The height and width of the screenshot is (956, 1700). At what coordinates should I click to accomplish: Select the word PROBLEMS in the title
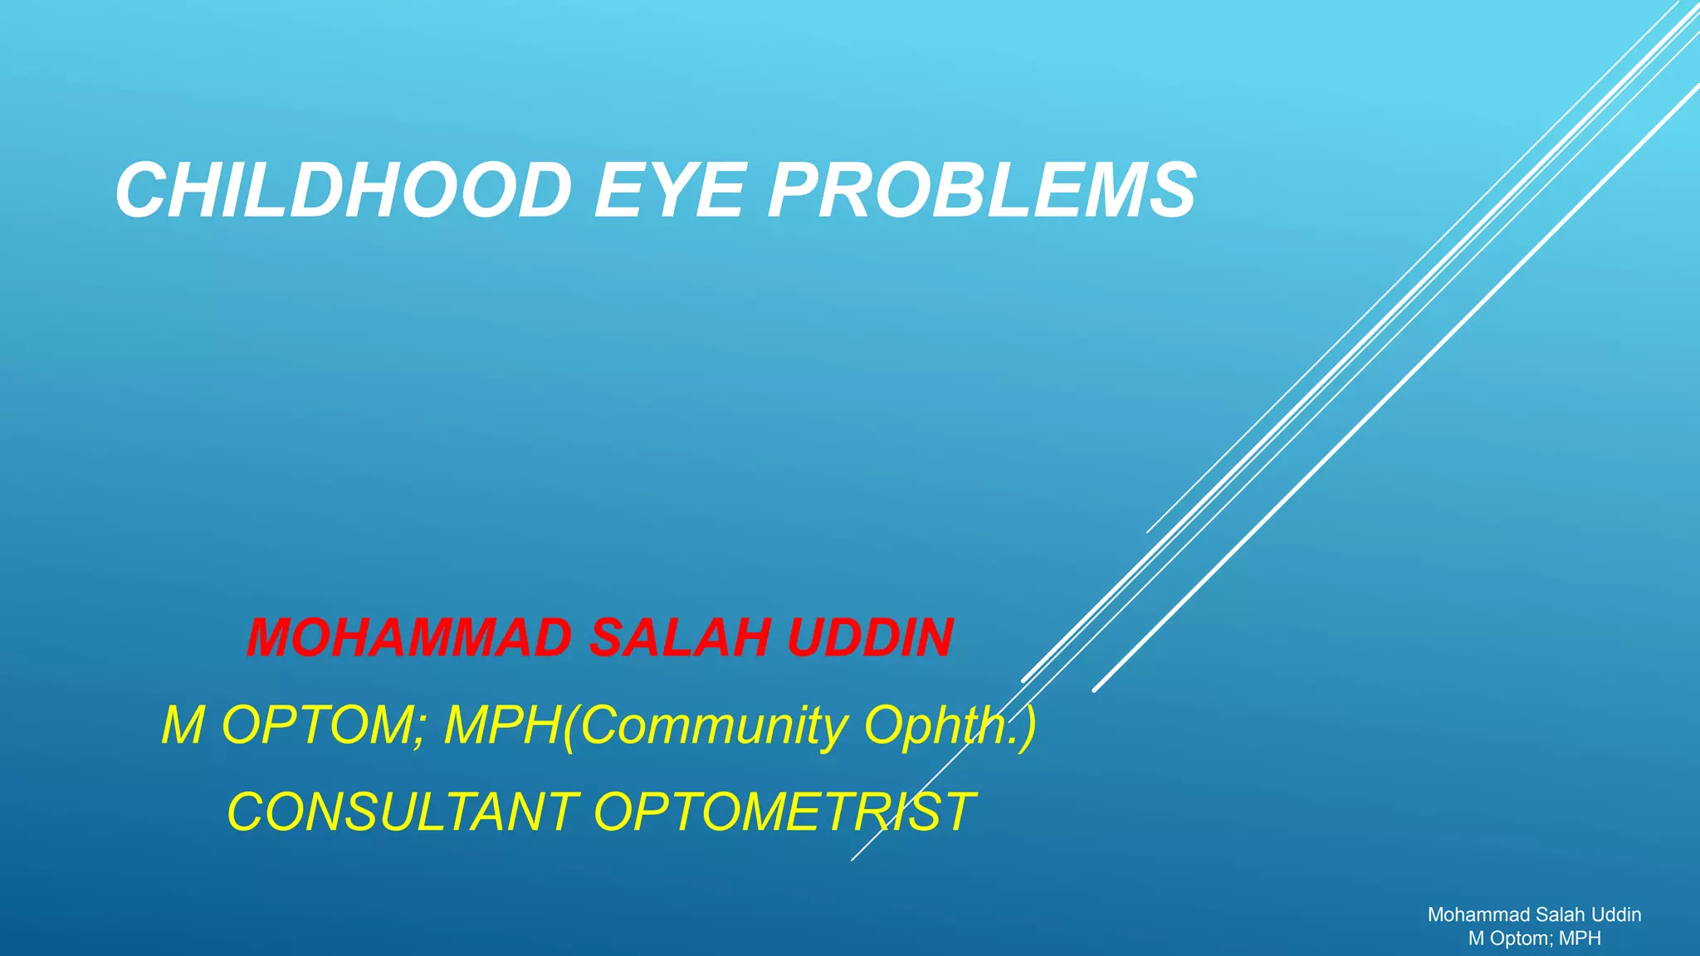coord(982,191)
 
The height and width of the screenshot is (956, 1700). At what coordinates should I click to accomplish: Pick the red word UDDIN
coord(870,637)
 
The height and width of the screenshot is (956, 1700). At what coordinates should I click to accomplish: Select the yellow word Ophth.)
coord(950,724)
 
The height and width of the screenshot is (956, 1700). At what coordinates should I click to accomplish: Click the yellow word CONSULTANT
coord(403,811)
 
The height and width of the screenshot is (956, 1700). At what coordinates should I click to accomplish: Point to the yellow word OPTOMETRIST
coord(784,811)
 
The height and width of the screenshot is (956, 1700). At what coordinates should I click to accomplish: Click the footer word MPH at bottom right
coord(1580,939)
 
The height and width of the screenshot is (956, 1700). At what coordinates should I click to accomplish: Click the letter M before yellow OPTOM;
coord(183,724)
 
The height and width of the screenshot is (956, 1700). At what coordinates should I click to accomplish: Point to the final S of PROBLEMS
coord(1172,191)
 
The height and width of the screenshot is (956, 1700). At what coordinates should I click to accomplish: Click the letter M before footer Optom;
coord(1477,939)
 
